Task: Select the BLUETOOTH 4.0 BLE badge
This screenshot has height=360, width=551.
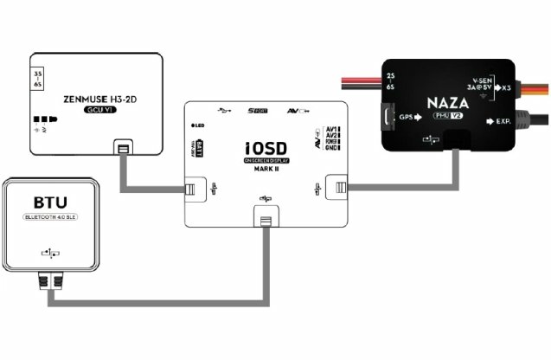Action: [x=51, y=221]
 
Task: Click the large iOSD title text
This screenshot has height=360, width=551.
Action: [x=266, y=146]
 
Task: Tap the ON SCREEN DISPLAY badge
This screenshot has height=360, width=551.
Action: [x=267, y=160]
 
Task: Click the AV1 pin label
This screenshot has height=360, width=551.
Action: [x=332, y=129]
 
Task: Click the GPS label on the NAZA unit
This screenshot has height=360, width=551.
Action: [x=407, y=119]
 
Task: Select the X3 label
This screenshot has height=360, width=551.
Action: [x=507, y=87]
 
